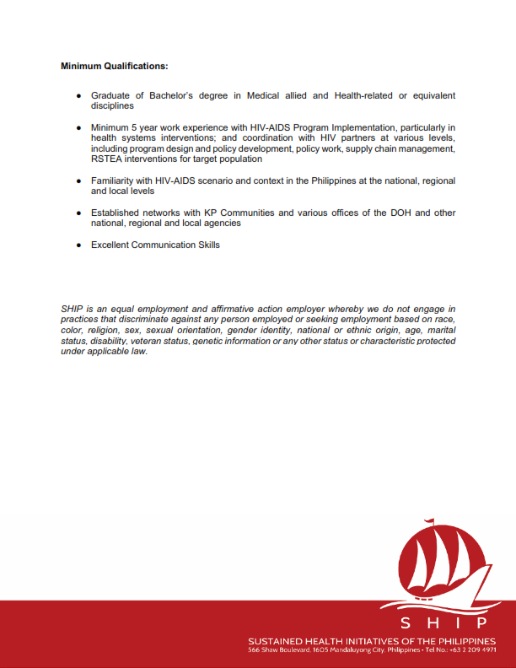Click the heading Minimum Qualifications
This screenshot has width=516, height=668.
tap(114, 65)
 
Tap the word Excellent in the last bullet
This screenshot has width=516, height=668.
tap(113, 245)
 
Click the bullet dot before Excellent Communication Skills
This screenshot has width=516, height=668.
tap(78, 245)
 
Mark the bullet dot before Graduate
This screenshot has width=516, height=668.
tap(78, 96)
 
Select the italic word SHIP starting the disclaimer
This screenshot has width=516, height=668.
tap(73, 310)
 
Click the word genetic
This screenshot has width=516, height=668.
tap(211, 342)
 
